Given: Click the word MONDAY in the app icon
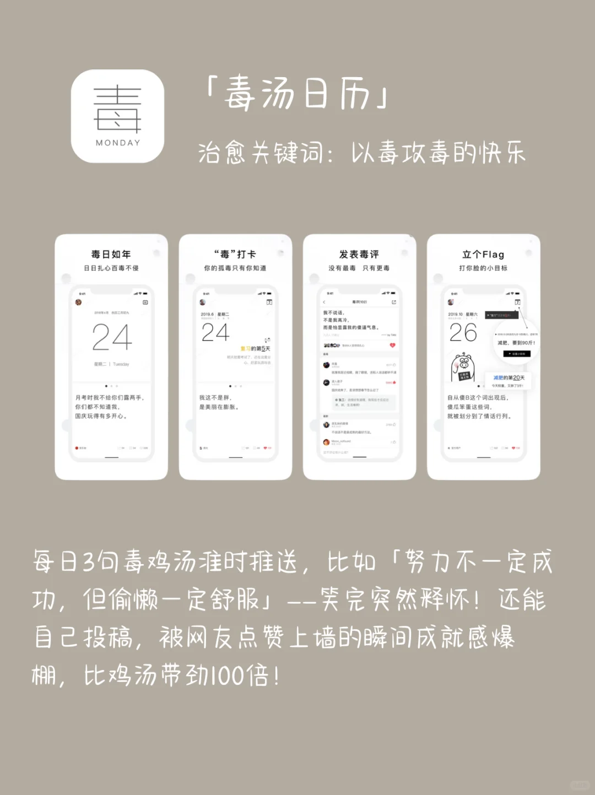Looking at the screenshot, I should point(118,143).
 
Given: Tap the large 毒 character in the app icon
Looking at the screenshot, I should point(118,110).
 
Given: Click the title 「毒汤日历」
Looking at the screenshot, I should point(297,94).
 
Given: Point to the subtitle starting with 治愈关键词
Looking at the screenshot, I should point(361,153).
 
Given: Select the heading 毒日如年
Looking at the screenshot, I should point(111,254).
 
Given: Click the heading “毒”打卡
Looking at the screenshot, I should point(235,254).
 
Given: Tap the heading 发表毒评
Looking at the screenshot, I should point(359,254).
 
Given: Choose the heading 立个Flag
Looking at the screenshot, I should point(483,254).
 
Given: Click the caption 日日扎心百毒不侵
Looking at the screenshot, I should point(111,268).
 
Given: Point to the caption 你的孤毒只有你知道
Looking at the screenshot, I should point(235,268).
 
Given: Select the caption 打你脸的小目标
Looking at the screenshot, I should point(483,268).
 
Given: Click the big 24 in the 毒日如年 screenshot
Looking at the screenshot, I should point(112,337).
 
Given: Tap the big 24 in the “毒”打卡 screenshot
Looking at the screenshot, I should point(215,333).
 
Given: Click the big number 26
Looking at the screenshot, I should point(463,333).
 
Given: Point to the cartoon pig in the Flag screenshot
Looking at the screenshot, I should point(463,367).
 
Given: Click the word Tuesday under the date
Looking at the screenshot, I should point(121,364).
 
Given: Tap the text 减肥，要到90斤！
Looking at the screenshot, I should point(516,343).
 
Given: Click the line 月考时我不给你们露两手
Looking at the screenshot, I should point(110,397).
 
